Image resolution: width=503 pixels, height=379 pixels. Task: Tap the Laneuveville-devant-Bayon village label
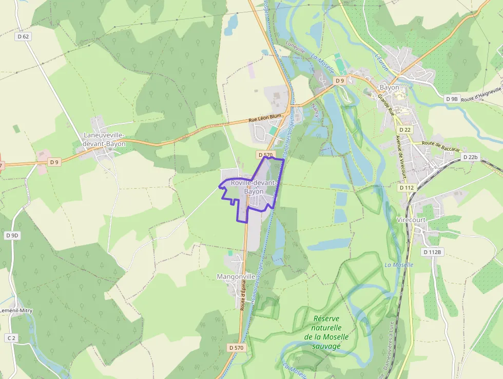(104, 139)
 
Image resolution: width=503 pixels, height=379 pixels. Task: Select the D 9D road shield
(12, 236)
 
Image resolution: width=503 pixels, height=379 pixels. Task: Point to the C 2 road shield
(11, 338)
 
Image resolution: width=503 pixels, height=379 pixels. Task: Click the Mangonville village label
(236, 277)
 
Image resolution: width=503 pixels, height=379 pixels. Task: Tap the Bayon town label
(389, 87)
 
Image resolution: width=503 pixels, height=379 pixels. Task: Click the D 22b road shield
(470, 157)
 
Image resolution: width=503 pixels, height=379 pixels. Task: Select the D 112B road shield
(433, 252)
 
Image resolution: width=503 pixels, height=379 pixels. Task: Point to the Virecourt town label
(412, 220)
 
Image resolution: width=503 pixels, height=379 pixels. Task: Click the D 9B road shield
(452, 99)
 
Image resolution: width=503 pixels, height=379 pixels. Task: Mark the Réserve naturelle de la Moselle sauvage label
(326, 332)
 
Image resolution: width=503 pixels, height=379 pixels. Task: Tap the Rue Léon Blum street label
(265, 118)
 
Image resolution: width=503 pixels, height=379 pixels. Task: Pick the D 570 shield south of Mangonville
(237, 348)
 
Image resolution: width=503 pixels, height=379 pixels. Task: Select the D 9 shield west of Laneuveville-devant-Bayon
(54, 162)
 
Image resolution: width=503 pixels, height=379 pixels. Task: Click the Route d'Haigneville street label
(481, 95)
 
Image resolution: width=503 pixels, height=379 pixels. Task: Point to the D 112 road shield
(406, 188)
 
